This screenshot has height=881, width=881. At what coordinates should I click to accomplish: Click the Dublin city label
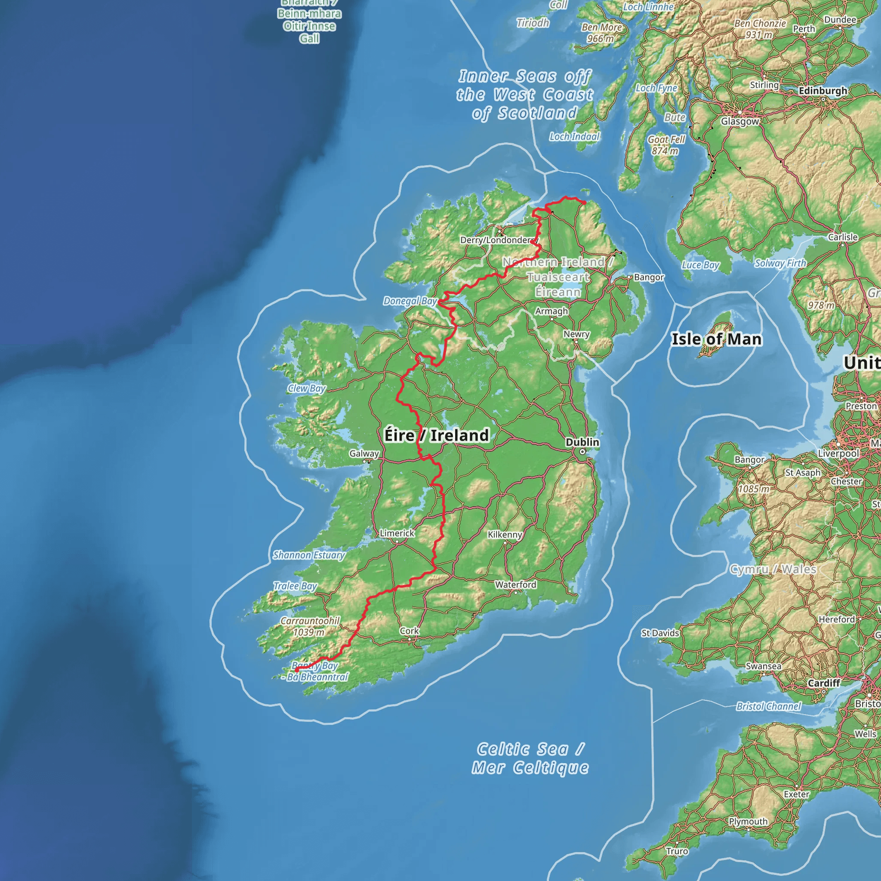click(x=582, y=442)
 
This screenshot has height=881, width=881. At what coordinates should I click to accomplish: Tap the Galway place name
click(x=364, y=453)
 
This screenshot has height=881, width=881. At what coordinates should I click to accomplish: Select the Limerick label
click(x=397, y=533)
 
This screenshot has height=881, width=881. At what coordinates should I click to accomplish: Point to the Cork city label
click(x=409, y=631)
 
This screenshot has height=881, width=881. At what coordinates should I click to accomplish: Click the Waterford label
click(x=516, y=585)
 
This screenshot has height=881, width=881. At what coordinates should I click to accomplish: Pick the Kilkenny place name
click(x=505, y=534)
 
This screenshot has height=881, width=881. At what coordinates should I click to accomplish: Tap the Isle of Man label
click(x=716, y=339)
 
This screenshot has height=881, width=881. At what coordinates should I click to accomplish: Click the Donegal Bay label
click(x=410, y=301)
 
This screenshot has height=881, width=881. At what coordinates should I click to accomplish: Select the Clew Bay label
click(x=306, y=388)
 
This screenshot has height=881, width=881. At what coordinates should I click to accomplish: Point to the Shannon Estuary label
click(x=309, y=555)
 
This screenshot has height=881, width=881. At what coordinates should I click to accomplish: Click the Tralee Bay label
click(x=295, y=586)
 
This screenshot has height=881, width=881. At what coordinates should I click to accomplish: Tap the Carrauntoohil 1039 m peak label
click(x=310, y=626)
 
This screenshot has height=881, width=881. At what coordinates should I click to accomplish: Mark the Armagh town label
click(x=551, y=311)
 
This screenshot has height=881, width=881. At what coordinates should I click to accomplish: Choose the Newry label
click(x=576, y=334)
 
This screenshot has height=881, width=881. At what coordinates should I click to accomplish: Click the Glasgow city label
click(x=739, y=121)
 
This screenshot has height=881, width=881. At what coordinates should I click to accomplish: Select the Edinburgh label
click(x=822, y=91)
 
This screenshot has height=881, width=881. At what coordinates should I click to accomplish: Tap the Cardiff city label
click(x=823, y=683)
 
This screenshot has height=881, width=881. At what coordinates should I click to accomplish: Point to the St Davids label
click(x=660, y=633)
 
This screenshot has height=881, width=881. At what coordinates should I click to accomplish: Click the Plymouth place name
click(x=748, y=821)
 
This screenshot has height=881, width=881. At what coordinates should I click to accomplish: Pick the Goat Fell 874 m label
click(x=666, y=145)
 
